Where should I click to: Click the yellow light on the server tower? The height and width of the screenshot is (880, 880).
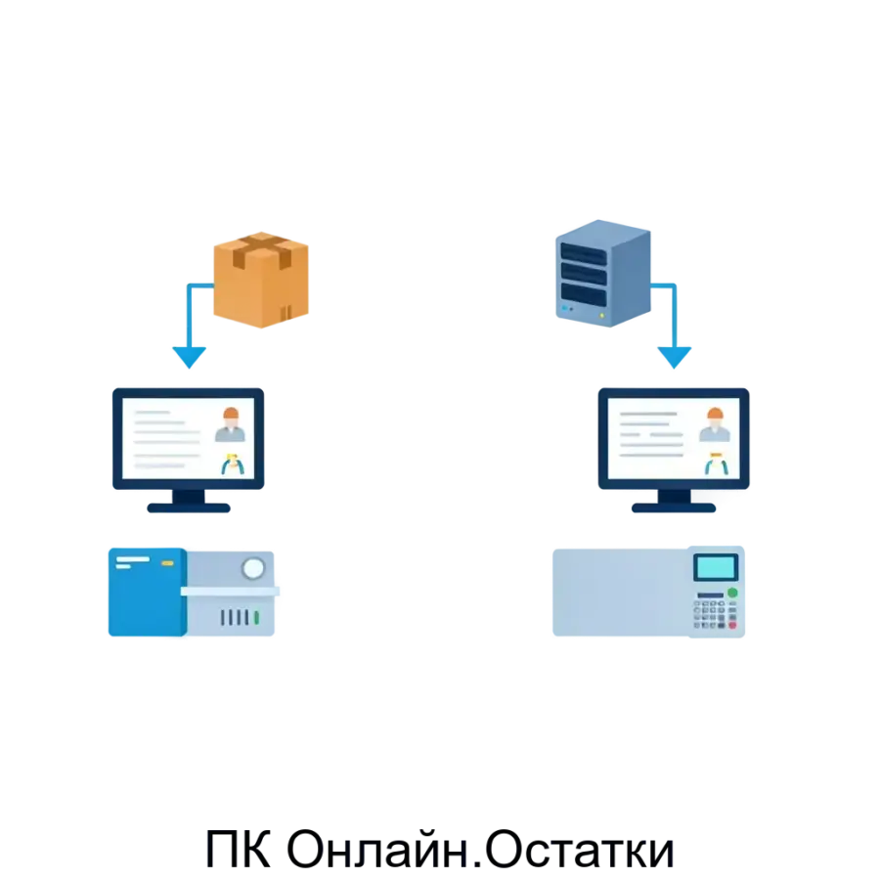point(613,316)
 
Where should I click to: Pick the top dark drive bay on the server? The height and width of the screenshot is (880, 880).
point(583,253)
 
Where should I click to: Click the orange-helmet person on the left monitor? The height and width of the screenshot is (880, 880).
point(230,425)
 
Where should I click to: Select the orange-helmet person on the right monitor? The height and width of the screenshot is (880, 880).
point(714,425)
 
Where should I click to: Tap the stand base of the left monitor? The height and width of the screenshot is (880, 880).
point(188,508)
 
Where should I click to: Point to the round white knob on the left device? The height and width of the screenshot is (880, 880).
point(253,568)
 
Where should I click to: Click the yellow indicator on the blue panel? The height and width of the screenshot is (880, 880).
point(167,563)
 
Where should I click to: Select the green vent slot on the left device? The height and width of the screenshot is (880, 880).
point(256,618)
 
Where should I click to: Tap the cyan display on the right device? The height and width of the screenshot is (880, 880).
point(716,567)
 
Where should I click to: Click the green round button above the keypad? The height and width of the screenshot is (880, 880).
point(731,594)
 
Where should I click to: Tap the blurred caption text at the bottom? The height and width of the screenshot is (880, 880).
point(440,849)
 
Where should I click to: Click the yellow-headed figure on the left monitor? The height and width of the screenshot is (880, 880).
point(232,463)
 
